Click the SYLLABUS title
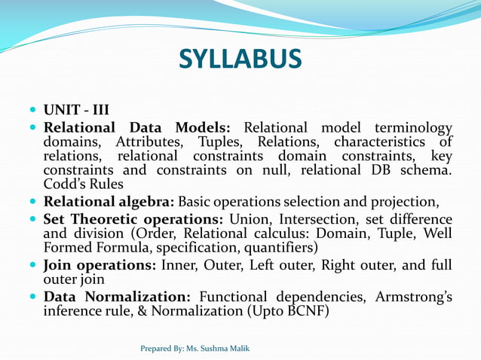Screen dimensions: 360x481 [240, 59]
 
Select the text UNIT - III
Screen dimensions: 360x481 [76, 111]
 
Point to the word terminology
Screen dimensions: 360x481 [409, 128]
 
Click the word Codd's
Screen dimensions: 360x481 [65, 185]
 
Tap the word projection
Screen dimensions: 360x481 [399, 202]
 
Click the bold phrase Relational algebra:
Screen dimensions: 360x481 [109, 202]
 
